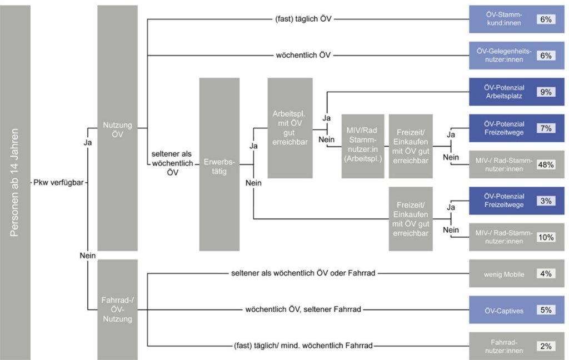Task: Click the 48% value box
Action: tap(546, 164)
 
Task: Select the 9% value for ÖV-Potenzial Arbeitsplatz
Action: tap(546, 92)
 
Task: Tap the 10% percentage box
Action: tap(546, 237)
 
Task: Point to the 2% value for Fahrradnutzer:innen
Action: tap(546, 346)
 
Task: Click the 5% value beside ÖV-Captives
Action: tap(546, 310)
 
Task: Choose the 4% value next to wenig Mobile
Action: tap(546, 274)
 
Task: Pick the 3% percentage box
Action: tap(546, 201)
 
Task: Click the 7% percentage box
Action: tap(546, 128)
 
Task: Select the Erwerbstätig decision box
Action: tap(219, 164)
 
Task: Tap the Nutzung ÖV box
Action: tap(117, 128)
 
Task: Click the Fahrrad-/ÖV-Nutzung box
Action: tap(117, 310)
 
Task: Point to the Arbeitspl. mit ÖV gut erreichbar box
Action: tap(290, 128)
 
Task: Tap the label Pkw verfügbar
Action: tap(58, 182)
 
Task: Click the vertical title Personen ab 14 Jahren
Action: tap(15, 182)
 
